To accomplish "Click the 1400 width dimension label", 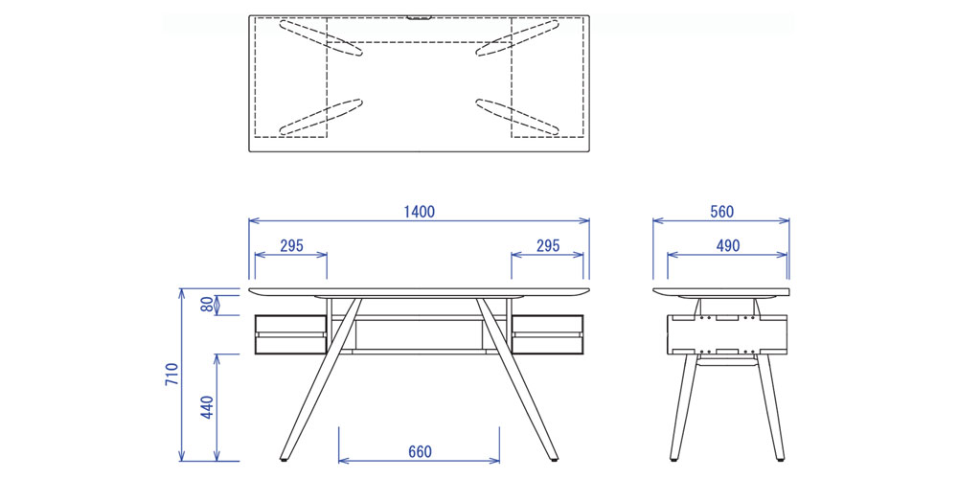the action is (x=420, y=212).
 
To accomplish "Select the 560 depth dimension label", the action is (x=721, y=212).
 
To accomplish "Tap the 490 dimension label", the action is (x=728, y=245).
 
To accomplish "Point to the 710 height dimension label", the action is (x=171, y=374).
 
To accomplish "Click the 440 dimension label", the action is (x=208, y=407).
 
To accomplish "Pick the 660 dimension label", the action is (x=420, y=452).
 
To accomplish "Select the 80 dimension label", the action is (x=207, y=305).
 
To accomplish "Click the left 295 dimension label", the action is (x=291, y=245).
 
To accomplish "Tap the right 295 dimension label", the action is (x=548, y=245).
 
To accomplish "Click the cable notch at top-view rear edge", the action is (x=420, y=17).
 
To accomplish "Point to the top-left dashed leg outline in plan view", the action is (x=321, y=38).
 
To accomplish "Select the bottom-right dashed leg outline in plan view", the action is (x=517, y=117).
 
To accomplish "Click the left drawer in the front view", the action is (x=289, y=334).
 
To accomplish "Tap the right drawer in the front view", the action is (x=548, y=334).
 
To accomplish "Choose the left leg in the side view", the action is (x=682, y=406).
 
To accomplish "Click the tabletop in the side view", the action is (x=721, y=292).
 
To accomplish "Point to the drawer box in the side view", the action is (x=727, y=334).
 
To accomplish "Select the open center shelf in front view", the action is (x=420, y=334).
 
